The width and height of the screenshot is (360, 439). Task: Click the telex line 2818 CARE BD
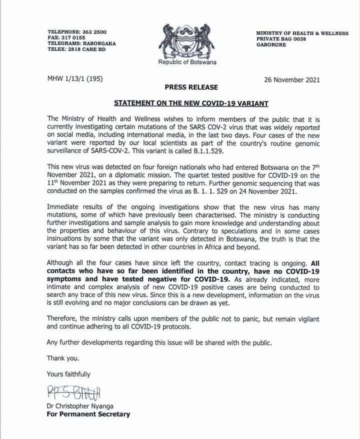click(x=82, y=49)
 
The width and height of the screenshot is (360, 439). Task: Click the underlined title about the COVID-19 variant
click(x=191, y=103)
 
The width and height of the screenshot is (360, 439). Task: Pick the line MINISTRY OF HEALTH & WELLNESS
click(x=302, y=33)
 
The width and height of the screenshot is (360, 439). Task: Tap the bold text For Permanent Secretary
click(x=88, y=414)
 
